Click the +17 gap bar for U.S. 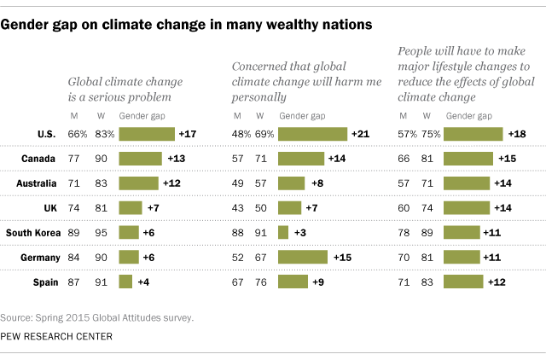(x=147, y=134)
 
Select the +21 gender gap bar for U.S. (x=312, y=134)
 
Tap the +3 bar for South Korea (x=283, y=232)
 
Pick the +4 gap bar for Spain (x=125, y=282)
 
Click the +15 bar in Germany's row (x=303, y=257)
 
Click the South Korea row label (x=32, y=232)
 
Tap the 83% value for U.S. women (x=103, y=134)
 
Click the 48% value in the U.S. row (x=243, y=134)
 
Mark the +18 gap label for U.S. (x=517, y=134)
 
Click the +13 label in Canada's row (x=176, y=159)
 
